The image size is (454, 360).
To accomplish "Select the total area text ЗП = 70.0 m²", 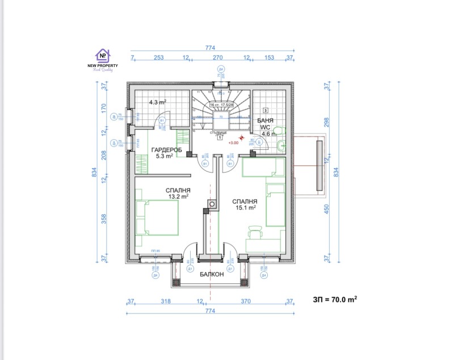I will point(334,299).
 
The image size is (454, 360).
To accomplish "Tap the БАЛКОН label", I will point(212,274).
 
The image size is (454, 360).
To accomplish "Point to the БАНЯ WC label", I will point(265,124).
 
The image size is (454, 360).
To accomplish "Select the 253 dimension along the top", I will point(159,58).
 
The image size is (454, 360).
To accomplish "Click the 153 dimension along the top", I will point(270,58).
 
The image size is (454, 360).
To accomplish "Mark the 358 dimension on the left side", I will point(103,219).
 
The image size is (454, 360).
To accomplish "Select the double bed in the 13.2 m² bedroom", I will point(158,217).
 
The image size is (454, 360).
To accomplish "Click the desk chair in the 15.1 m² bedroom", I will point(254,232).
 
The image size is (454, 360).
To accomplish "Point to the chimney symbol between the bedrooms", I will point(212,204).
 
